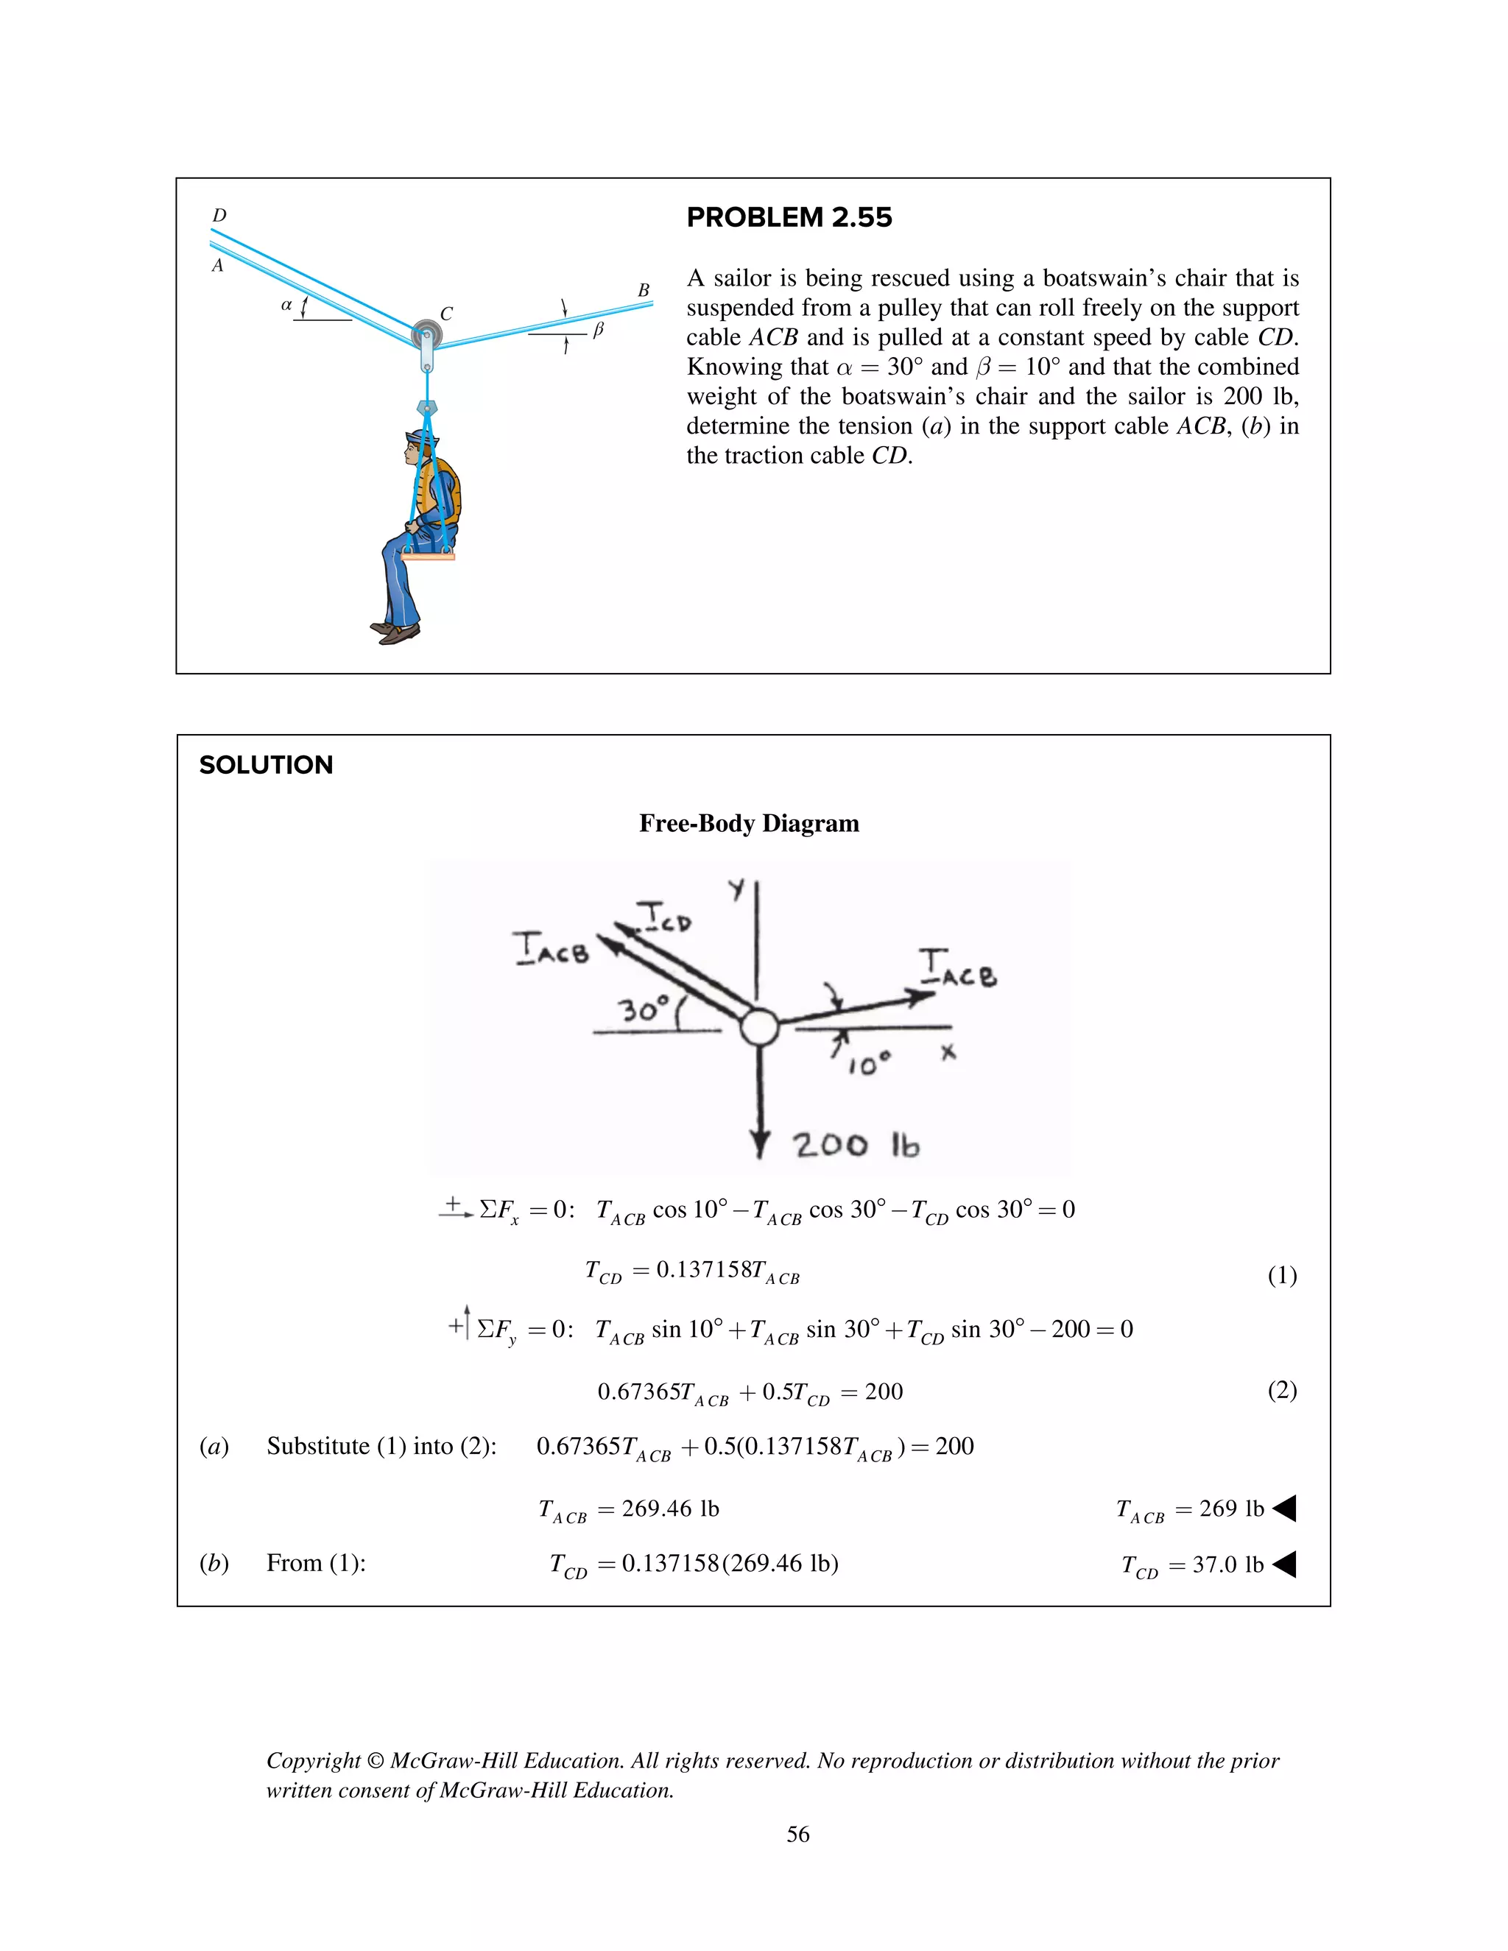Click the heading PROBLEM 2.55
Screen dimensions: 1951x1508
tap(789, 217)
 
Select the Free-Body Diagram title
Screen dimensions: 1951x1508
tap(749, 823)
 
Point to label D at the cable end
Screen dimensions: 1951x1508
tap(219, 215)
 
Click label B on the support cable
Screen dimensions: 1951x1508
tap(644, 290)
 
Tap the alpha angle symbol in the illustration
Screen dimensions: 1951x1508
tap(286, 305)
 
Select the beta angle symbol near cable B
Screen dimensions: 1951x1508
tap(599, 330)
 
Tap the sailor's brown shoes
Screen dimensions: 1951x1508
tap(395, 632)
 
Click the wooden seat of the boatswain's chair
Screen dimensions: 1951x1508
tap(428, 557)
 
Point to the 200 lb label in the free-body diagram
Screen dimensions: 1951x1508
tap(855, 1146)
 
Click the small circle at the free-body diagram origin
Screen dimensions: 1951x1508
tap(759, 1026)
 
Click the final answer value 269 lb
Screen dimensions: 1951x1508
tap(1231, 1509)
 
